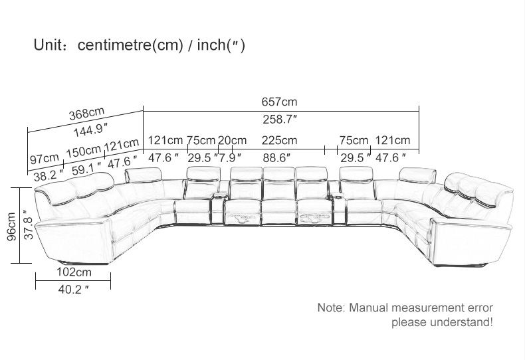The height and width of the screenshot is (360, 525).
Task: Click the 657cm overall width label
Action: pyautogui.click(x=279, y=102)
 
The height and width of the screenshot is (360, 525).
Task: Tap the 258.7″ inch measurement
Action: pyautogui.click(x=280, y=119)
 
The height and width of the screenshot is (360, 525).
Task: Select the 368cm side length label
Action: pyautogui.click(x=86, y=114)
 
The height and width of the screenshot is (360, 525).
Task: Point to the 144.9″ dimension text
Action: pyautogui.click(x=92, y=130)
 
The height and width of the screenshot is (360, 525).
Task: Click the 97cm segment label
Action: pyautogui.click(x=45, y=158)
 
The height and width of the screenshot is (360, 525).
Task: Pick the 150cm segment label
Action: pyautogui.click(x=83, y=151)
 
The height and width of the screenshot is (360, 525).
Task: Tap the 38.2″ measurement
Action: pyautogui.click(x=49, y=174)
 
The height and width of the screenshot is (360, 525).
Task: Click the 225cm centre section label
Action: pyautogui.click(x=279, y=140)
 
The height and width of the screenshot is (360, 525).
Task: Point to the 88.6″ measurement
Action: pyautogui.click(x=276, y=157)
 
